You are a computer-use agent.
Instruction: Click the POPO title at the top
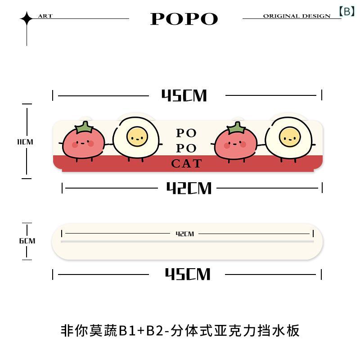click(184, 19)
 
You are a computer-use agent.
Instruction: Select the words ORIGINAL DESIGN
click(297, 16)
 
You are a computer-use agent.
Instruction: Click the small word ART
click(45, 16)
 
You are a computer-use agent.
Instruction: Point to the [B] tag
click(347, 11)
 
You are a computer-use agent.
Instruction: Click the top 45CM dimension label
click(184, 95)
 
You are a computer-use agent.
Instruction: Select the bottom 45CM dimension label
click(188, 274)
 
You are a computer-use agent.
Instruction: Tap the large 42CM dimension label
click(189, 188)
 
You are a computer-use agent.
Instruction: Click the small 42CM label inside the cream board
click(185, 234)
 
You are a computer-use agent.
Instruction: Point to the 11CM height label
click(25, 142)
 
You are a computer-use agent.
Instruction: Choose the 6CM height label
click(27, 241)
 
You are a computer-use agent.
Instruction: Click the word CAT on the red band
click(186, 164)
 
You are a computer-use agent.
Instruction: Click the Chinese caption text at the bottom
click(180, 331)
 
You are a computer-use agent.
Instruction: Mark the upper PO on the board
click(186, 133)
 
